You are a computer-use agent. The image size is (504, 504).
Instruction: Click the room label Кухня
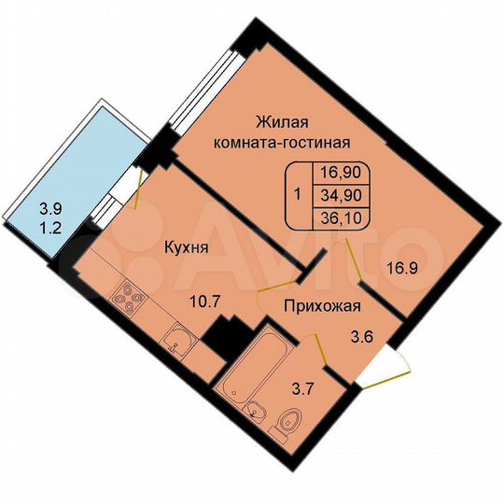185,247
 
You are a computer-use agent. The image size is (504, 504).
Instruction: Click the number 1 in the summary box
296,195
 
